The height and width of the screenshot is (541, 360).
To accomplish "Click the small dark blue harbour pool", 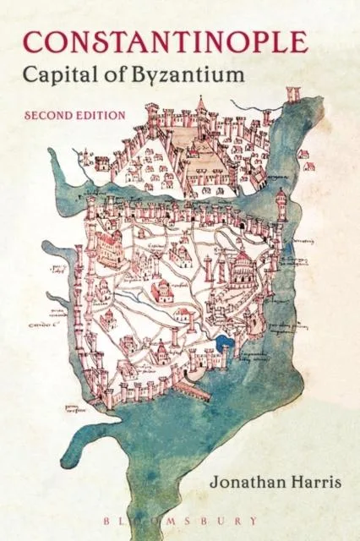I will click(x=223, y=344).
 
